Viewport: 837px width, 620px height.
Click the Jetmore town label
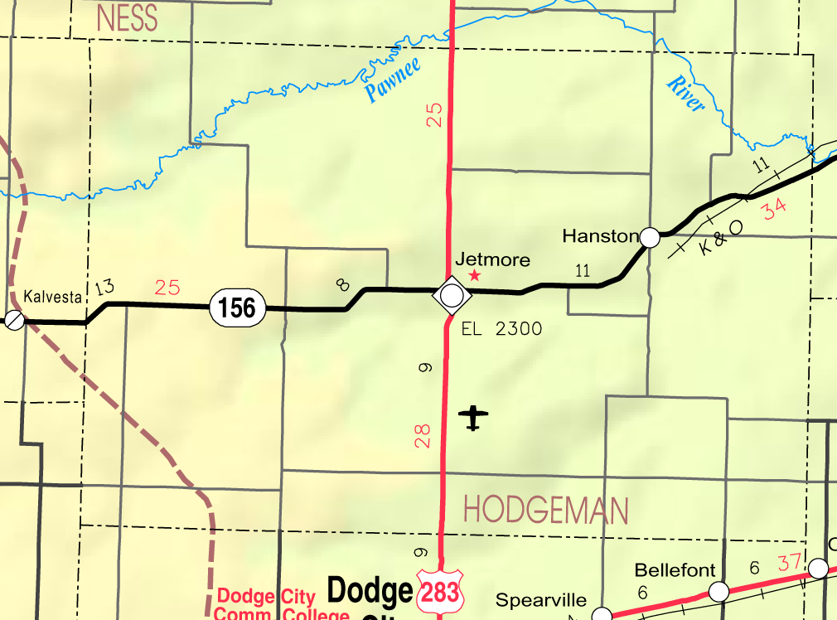coord(492,260)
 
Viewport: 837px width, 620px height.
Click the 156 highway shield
coord(238,307)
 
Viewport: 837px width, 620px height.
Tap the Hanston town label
coord(600,236)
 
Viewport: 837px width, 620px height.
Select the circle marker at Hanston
coord(651,238)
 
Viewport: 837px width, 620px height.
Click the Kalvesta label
coord(53,296)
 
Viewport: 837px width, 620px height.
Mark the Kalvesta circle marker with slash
coord(14,319)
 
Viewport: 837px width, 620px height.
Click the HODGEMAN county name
coord(545,510)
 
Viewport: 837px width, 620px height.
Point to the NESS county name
coord(127,18)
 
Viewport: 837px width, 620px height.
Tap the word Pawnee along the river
coord(393,80)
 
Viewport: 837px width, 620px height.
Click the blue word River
coord(686,94)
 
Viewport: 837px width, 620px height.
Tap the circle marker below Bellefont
coord(718,591)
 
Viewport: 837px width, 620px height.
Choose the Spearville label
coord(541,600)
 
